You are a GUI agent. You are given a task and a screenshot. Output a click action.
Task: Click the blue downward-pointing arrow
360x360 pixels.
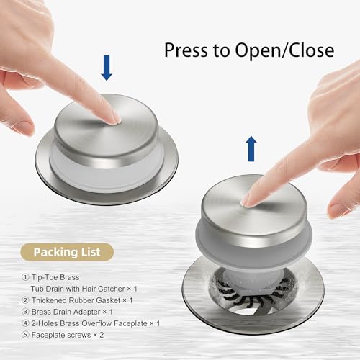click(x=107, y=68)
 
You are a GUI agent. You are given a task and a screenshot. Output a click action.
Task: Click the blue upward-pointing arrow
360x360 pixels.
click(x=251, y=148)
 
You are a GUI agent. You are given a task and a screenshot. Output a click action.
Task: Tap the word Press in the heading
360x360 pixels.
click(x=186, y=50)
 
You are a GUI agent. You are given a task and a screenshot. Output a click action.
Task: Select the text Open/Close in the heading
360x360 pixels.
click(x=284, y=50)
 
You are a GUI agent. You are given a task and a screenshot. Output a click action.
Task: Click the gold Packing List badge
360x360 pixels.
click(x=67, y=252)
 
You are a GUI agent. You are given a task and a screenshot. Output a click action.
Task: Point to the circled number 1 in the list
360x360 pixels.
click(x=25, y=277)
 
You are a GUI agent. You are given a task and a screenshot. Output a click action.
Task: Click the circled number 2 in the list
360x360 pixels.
click(x=25, y=300)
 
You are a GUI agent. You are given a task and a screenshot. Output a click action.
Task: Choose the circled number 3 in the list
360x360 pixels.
click(x=25, y=312)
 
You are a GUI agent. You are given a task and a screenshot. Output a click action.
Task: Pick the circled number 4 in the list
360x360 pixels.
click(x=25, y=323)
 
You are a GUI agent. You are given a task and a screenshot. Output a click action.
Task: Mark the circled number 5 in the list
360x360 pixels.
click(x=25, y=335)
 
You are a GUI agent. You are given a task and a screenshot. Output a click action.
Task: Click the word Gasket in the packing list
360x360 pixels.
click(x=108, y=300)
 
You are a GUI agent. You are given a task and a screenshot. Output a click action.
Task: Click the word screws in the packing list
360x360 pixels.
click(x=78, y=335)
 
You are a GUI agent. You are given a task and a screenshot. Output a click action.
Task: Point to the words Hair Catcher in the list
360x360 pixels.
click(x=103, y=289)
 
